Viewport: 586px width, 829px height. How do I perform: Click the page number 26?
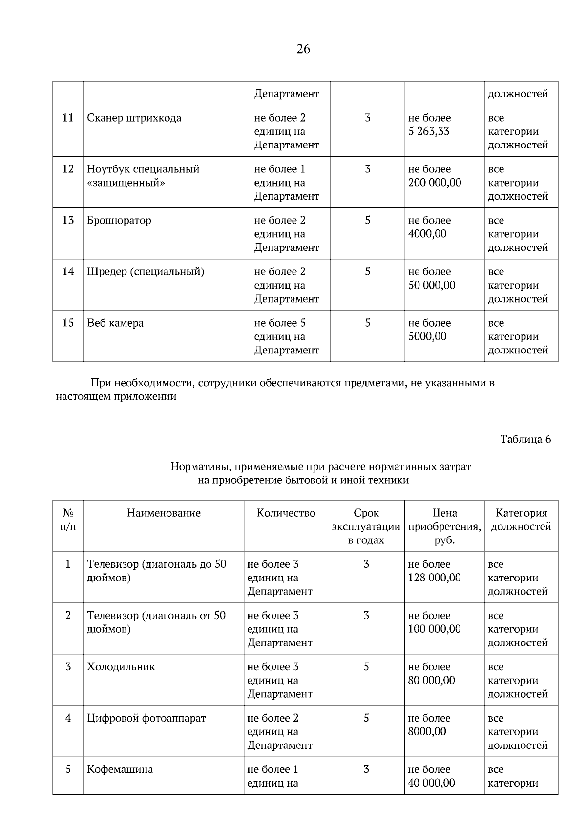303,49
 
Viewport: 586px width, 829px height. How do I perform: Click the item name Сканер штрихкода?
134,118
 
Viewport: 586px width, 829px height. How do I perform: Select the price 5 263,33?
429,132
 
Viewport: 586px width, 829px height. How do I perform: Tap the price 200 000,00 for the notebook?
435,183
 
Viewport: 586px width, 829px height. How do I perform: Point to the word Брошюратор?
119,221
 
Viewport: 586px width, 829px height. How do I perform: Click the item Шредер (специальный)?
146,272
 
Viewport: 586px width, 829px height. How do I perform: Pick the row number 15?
68,323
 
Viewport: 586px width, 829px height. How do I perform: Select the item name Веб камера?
115,323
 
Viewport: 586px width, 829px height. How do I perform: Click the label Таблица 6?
525,439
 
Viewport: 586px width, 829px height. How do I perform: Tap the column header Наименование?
164,513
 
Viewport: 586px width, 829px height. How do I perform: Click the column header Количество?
286,513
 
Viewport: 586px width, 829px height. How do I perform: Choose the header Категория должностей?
521,520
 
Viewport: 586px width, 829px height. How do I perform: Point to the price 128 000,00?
434,578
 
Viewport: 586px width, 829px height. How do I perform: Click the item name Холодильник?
121,667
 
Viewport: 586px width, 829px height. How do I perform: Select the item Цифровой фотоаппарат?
146,719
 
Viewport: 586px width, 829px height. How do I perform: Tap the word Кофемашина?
120,770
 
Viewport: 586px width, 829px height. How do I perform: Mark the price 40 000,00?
431,783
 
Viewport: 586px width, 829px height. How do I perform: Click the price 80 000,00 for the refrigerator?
431,681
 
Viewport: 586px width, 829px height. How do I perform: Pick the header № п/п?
68,520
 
